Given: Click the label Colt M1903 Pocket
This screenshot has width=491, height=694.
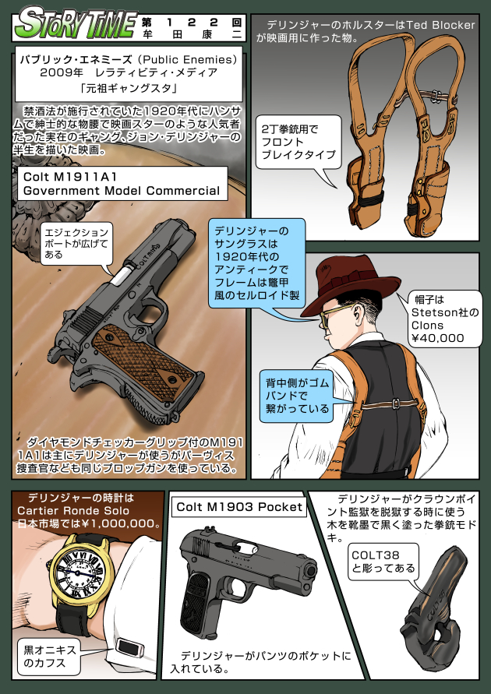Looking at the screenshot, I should (239, 507).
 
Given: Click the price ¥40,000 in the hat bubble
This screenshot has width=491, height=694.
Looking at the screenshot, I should (437, 338).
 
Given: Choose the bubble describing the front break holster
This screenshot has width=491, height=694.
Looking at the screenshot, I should (296, 142).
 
